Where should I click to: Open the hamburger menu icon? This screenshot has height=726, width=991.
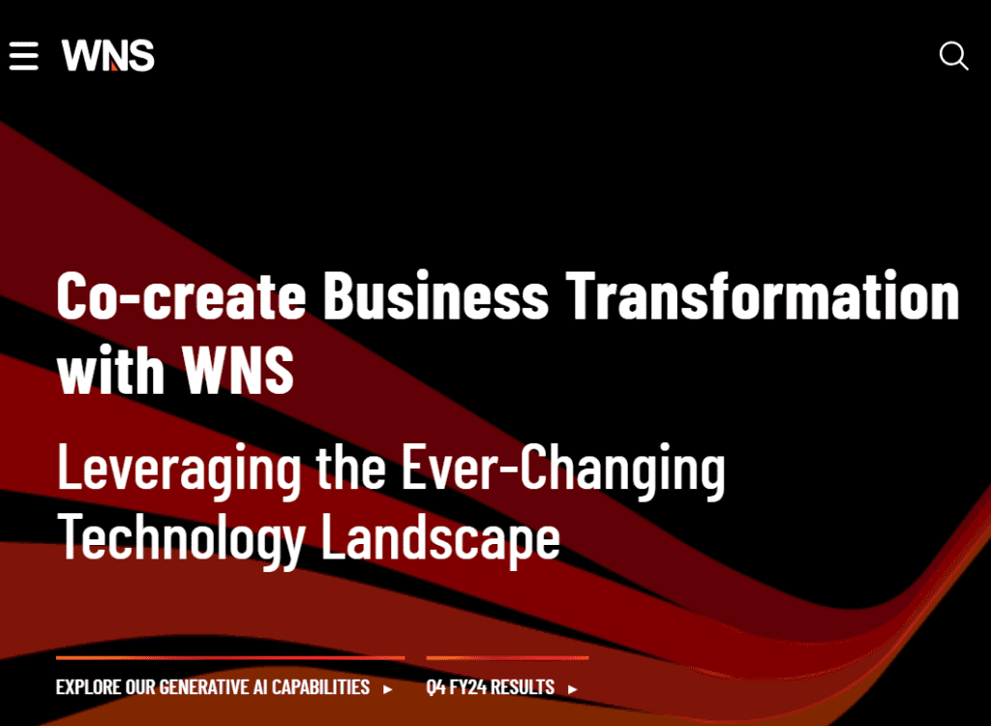[x=23, y=55]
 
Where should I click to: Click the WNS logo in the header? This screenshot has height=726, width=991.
[x=108, y=55]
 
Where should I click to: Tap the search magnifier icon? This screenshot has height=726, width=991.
[x=953, y=56]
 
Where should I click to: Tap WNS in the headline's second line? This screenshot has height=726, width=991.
[x=237, y=371]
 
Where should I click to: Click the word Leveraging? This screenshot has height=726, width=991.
[x=179, y=469]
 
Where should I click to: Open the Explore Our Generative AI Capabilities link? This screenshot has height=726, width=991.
[x=213, y=687]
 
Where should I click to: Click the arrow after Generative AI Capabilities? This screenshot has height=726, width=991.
[x=388, y=689]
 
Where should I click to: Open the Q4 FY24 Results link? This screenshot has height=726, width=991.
[x=491, y=687]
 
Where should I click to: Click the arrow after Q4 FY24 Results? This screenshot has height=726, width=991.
[x=573, y=689]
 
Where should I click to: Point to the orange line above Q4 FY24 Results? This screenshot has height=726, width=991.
[x=507, y=658]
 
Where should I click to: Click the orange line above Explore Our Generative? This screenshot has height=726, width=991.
[x=230, y=658]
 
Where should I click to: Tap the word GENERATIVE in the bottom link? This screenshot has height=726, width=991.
[x=212, y=687]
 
